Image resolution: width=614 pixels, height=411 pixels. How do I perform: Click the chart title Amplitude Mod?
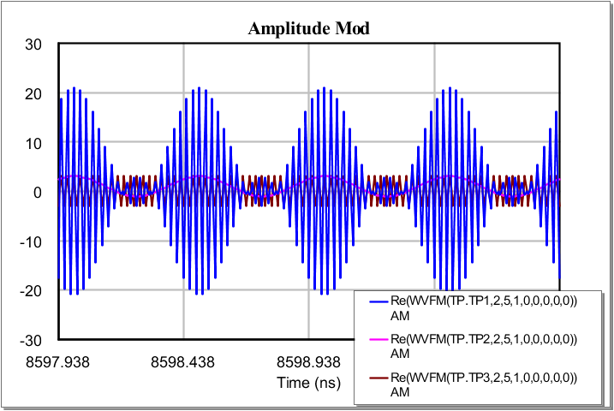tap(309, 29)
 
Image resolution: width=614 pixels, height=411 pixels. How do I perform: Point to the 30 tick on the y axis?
tap(34, 44)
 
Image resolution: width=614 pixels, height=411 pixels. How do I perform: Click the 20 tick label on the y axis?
tap(34, 93)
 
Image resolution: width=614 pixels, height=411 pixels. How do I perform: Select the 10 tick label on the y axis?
tap(34, 142)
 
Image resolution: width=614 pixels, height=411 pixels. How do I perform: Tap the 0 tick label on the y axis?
tap(39, 192)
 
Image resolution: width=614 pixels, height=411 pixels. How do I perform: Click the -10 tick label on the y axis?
tap(32, 241)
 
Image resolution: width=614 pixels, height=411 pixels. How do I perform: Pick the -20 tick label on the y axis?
tap(32, 290)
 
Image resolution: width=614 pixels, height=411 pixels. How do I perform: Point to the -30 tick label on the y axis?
tap(32, 340)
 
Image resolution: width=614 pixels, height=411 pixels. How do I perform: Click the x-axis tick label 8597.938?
tap(59, 361)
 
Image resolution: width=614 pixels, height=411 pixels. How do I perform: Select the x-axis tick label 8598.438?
tap(183, 361)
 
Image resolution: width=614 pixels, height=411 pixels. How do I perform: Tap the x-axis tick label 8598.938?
tap(308, 361)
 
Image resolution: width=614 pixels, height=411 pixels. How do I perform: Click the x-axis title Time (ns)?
tap(309, 382)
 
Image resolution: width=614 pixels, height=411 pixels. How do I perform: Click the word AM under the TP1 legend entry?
tap(400, 315)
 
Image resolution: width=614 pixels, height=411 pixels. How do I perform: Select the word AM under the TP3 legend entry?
tap(400, 391)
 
